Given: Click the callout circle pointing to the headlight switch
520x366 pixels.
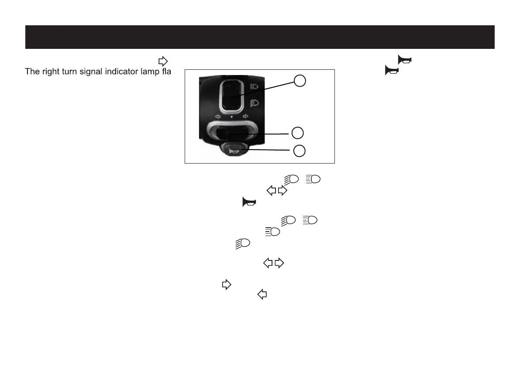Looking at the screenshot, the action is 300,81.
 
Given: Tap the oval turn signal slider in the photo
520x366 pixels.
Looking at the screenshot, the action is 231,132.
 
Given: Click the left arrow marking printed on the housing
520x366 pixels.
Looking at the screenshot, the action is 218,117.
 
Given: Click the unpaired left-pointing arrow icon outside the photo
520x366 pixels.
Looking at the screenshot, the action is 262,295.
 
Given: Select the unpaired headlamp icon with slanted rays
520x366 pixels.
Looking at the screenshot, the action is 242,243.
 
